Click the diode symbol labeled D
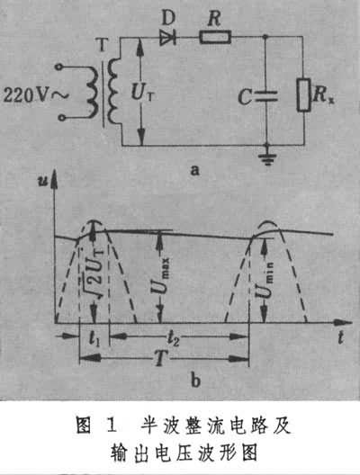pos(168,38)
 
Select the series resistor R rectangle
pos(215,37)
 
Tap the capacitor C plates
pos(265,95)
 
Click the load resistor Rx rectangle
pos(303,94)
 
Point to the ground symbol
pos(267,157)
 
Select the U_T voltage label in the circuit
pos(143,92)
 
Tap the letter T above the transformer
pos(103,46)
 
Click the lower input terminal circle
pos(62,118)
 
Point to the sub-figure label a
pos(194,170)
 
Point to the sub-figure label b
pos(196,381)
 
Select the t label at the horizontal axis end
pos(341,336)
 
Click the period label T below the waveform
pos(161,359)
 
